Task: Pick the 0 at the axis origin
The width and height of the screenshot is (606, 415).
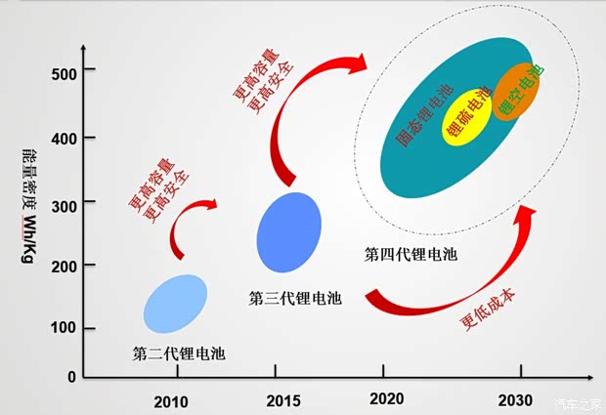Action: click(x=71, y=376)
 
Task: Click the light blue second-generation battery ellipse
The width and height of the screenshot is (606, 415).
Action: click(x=175, y=304)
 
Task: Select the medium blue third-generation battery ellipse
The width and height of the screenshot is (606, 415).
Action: click(x=288, y=232)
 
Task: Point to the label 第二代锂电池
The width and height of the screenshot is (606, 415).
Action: click(x=178, y=353)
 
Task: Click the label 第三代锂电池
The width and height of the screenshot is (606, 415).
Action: click(x=295, y=298)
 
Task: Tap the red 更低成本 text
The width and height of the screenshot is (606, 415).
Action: click(x=485, y=311)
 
